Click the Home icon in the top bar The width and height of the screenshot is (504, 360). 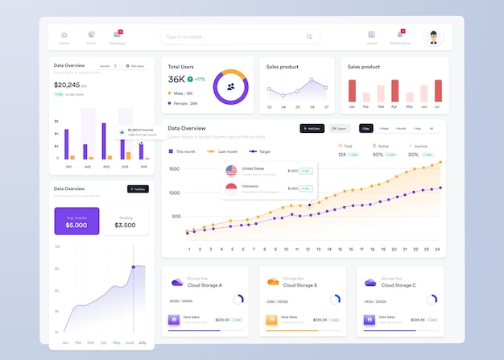[x=64, y=35]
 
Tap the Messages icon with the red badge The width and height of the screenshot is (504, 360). [x=118, y=35]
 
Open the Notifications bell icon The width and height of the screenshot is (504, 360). [x=400, y=35]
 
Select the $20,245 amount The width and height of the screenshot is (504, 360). [x=67, y=85]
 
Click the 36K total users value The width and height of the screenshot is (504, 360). [x=176, y=80]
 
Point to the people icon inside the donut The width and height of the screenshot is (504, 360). [x=231, y=86]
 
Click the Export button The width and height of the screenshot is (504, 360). [x=338, y=128]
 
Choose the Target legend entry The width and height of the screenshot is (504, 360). [x=259, y=151]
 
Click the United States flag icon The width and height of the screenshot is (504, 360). [x=231, y=171]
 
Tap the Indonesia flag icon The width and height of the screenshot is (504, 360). [x=231, y=189]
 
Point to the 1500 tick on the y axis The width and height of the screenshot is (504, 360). [x=175, y=169]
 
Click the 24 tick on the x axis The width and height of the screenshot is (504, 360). [x=437, y=250]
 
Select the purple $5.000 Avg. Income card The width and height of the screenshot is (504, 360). [x=76, y=221]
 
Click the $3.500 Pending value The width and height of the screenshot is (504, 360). [x=125, y=226]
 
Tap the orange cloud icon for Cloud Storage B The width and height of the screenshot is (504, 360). [x=272, y=282]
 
